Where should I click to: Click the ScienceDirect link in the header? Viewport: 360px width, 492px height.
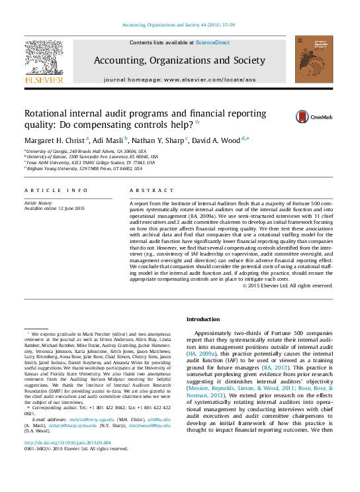point(212,42)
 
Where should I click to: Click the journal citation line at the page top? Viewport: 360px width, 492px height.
point(179,25)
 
